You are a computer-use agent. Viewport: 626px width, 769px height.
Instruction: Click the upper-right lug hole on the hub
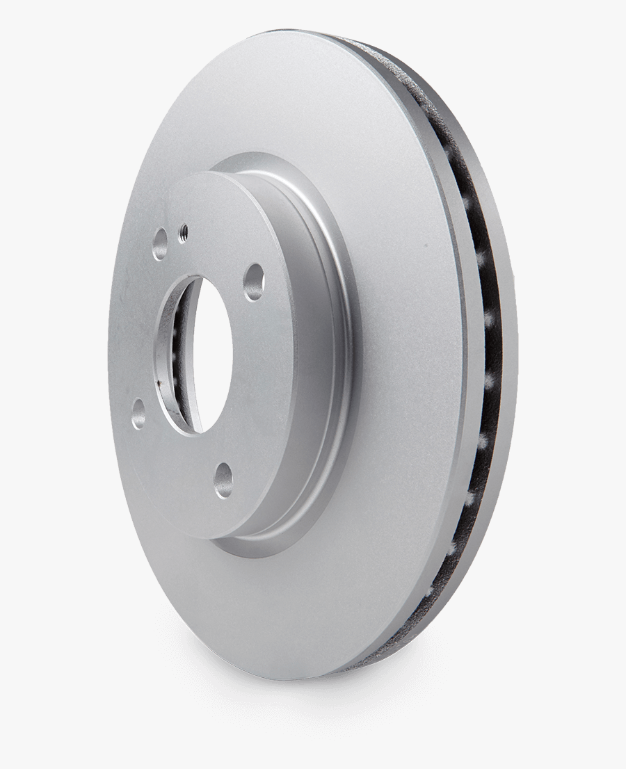pos(253,281)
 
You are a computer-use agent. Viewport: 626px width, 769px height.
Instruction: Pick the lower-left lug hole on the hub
pos(139,413)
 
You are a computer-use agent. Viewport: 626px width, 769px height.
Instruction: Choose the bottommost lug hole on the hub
pos(223,480)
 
